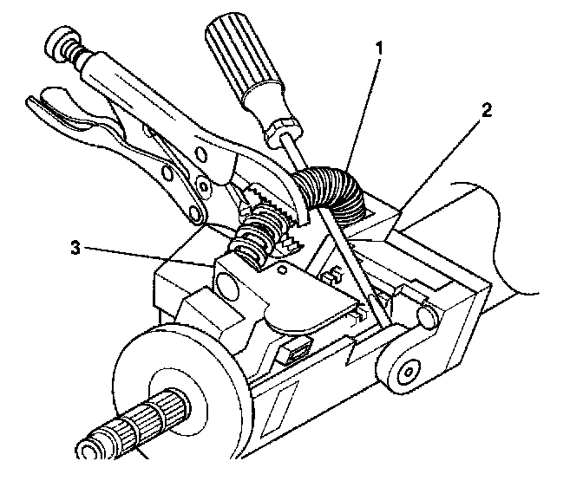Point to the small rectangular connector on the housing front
pyautogui.click(x=295, y=352)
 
